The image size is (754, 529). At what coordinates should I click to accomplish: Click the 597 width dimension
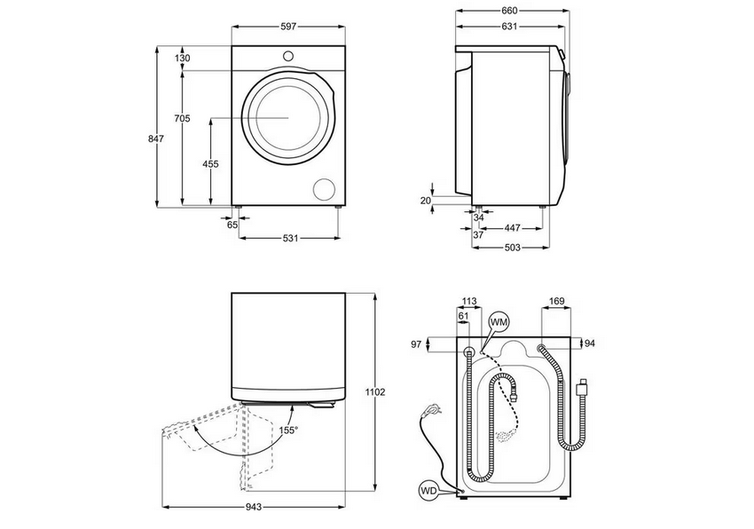point(288,28)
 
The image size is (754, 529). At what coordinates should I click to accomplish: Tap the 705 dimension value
point(182,118)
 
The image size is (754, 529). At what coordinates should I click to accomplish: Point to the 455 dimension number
point(210,164)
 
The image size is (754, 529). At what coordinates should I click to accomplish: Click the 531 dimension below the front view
point(290,238)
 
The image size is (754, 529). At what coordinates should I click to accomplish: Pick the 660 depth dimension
point(509,11)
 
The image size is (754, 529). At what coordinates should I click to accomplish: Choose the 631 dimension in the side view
point(509,27)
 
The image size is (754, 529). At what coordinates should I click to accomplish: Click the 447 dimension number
point(513,228)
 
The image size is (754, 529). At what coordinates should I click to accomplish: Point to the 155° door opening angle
point(288,430)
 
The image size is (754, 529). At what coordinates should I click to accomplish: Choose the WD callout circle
point(429,489)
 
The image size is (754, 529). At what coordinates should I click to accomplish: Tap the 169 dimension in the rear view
point(556,302)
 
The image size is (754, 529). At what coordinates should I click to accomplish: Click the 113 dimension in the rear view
point(470,302)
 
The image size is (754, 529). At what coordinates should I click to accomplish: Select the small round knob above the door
point(287,56)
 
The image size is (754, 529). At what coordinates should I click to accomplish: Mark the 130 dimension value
point(183,59)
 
